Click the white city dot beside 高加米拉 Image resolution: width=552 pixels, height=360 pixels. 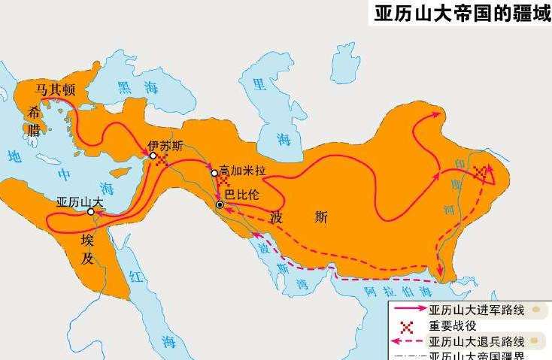[214, 173]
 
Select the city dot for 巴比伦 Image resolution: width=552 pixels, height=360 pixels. [220, 204]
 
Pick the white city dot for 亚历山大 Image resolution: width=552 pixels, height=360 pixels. [90, 212]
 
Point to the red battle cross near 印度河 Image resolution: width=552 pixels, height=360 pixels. [480, 174]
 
